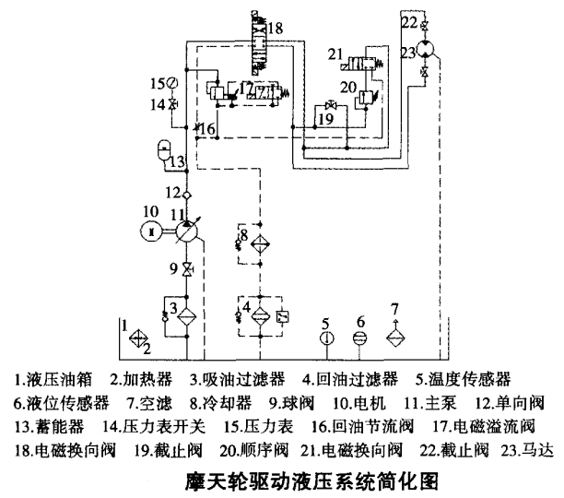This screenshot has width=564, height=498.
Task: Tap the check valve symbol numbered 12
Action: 187,194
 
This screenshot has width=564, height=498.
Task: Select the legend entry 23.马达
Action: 528,451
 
